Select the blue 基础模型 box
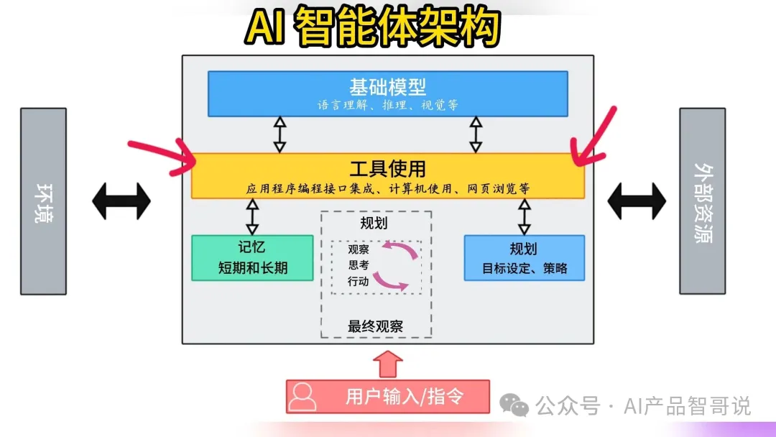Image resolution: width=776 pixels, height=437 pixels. (x=387, y=93)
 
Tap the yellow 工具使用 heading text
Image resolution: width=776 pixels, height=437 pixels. (x=387, y=169)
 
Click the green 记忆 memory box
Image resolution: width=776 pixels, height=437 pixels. (x=252, y=257)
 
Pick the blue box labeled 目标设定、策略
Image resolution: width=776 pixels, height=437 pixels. (x=524, y=257)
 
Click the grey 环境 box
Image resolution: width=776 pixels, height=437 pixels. (x=43, y=201)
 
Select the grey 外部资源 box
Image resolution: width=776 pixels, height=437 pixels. (x=702, y=201)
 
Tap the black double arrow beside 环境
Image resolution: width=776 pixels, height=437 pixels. (x=121, y=201)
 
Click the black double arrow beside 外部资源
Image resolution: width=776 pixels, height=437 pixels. (x=637, y=201)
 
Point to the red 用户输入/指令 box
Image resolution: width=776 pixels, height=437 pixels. (x=388, y=396)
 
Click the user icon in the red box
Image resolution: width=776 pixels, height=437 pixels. (x=304, y=396)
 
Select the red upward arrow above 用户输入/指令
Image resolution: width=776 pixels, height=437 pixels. (x=388, y=363)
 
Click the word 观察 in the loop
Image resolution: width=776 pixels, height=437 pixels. (x=359, y=250)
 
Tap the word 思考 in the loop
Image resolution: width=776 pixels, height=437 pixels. (x=359, y=265)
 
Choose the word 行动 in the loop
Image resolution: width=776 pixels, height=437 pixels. (x=359, y=281)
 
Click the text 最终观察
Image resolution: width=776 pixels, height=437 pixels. (x=376, y=326)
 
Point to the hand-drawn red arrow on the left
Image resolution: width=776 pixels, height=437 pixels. (x=162, y=155)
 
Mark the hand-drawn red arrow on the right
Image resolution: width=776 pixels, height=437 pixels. (x=595, y=140)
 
